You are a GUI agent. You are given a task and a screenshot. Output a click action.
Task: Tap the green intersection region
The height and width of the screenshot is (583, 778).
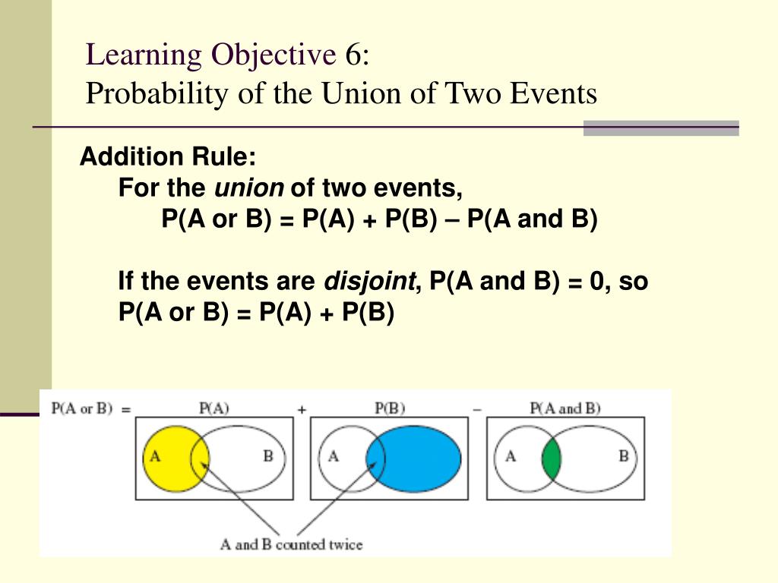click(x=551, y=458)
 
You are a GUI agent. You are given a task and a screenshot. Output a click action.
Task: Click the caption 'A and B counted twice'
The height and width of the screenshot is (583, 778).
click(x=291, y=544)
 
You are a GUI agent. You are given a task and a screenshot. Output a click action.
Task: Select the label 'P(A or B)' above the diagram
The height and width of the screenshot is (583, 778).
click(x=81, y=408)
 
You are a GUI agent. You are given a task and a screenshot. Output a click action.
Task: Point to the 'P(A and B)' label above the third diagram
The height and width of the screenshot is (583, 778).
click(x=565, y=408)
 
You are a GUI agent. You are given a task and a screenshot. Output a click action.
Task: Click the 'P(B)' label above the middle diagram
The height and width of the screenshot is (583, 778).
click(x=390, y=408)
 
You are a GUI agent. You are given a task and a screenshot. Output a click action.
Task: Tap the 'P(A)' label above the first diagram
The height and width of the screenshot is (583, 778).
click(x=213, y=408)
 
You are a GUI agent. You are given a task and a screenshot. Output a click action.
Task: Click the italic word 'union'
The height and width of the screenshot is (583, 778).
click(x=249, y=188)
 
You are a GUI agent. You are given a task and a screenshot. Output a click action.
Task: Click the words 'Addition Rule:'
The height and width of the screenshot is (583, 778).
click(x=168, y=158)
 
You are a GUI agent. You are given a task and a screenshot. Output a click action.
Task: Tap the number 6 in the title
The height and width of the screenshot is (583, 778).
click(x=353, y=55)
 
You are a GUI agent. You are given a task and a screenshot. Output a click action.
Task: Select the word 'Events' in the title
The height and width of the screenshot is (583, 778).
click(x=555, y=94)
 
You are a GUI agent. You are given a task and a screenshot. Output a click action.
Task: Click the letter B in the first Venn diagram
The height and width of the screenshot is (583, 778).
click(x=267, y=457)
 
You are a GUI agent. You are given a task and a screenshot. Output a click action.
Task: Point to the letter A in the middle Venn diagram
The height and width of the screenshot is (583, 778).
click(x=333, y=457)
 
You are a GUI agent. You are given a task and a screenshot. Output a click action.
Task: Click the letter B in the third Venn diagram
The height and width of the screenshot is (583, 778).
click(x=623, y=457)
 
